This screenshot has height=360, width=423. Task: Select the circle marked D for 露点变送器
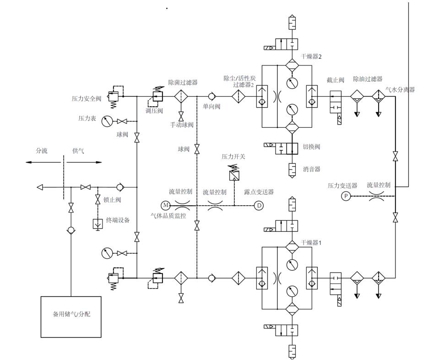259,205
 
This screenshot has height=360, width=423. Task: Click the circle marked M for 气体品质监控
165,205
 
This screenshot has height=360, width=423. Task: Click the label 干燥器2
311,57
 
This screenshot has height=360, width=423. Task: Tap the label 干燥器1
311,243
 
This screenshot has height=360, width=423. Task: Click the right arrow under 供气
97,162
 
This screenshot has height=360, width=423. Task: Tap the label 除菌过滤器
183,83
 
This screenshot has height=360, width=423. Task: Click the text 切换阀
311,147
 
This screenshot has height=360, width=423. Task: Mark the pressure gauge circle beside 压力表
107,121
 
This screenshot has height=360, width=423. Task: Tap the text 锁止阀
112,200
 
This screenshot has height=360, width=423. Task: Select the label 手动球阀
182,125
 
